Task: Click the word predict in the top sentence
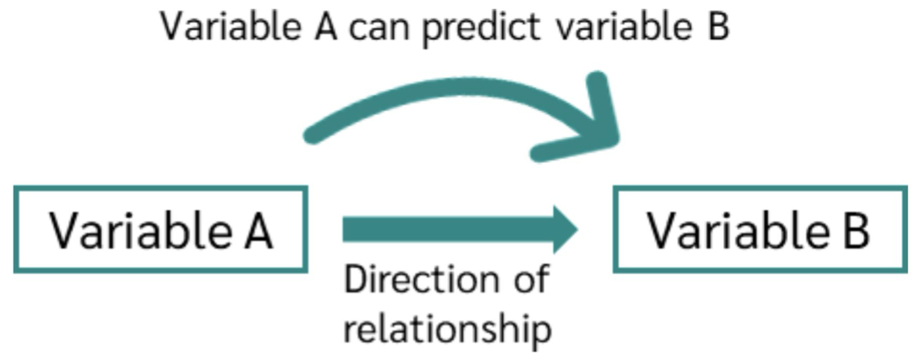click(482, 29)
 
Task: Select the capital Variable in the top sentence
click(228, 29)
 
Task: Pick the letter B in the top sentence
click(716, 29)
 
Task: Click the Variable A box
click(160, 229)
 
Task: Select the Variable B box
click(759, 229)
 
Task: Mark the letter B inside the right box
click(855, 230)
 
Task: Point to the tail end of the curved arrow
click(312, 136)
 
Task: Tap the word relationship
click(447, 328)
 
